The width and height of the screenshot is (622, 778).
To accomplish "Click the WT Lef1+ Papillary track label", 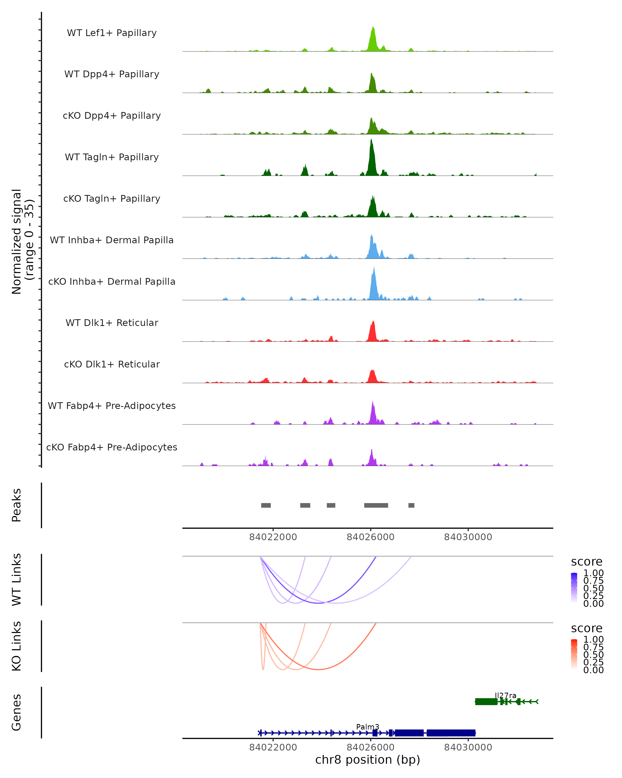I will (112, 33).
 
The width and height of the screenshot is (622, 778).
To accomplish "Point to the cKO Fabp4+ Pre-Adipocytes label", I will (112, 447).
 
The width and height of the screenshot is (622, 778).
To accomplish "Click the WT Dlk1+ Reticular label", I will (112, 323).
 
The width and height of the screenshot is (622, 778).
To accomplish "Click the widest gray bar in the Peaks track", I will (376, 505).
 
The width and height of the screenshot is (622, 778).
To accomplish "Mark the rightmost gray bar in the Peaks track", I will (411, 505).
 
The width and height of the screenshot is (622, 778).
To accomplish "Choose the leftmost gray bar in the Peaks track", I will (266, 505).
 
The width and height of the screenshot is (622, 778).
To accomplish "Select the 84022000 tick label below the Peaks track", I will (273, 537).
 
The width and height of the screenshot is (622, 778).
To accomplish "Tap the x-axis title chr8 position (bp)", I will (367, 760).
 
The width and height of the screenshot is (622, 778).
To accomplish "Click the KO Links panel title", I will (17, 646).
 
